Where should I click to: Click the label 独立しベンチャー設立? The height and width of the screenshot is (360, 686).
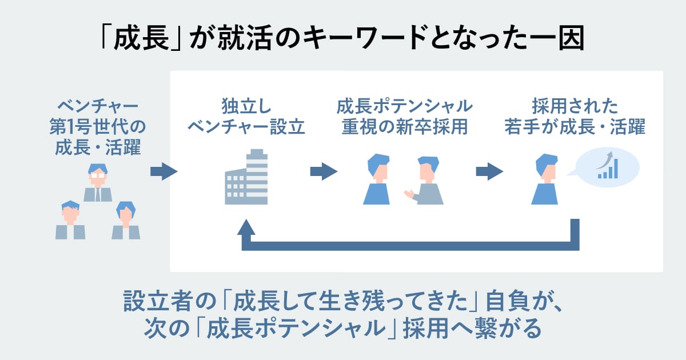[x=246, y=117]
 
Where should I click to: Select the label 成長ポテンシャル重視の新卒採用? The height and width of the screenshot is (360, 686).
[x=404, y=117]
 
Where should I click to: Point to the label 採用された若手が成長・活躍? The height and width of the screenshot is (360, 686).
[x=575, y=117]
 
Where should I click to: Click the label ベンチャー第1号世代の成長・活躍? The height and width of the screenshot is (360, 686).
[x=98, y=127]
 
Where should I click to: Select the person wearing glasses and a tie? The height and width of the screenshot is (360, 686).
[x=98, y=183]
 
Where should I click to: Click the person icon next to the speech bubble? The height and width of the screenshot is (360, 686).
[x=544, y=179]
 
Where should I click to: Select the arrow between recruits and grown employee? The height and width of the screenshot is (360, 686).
[x=489, y=171]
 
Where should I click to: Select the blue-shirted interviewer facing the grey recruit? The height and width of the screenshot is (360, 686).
[x=377, y=179]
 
